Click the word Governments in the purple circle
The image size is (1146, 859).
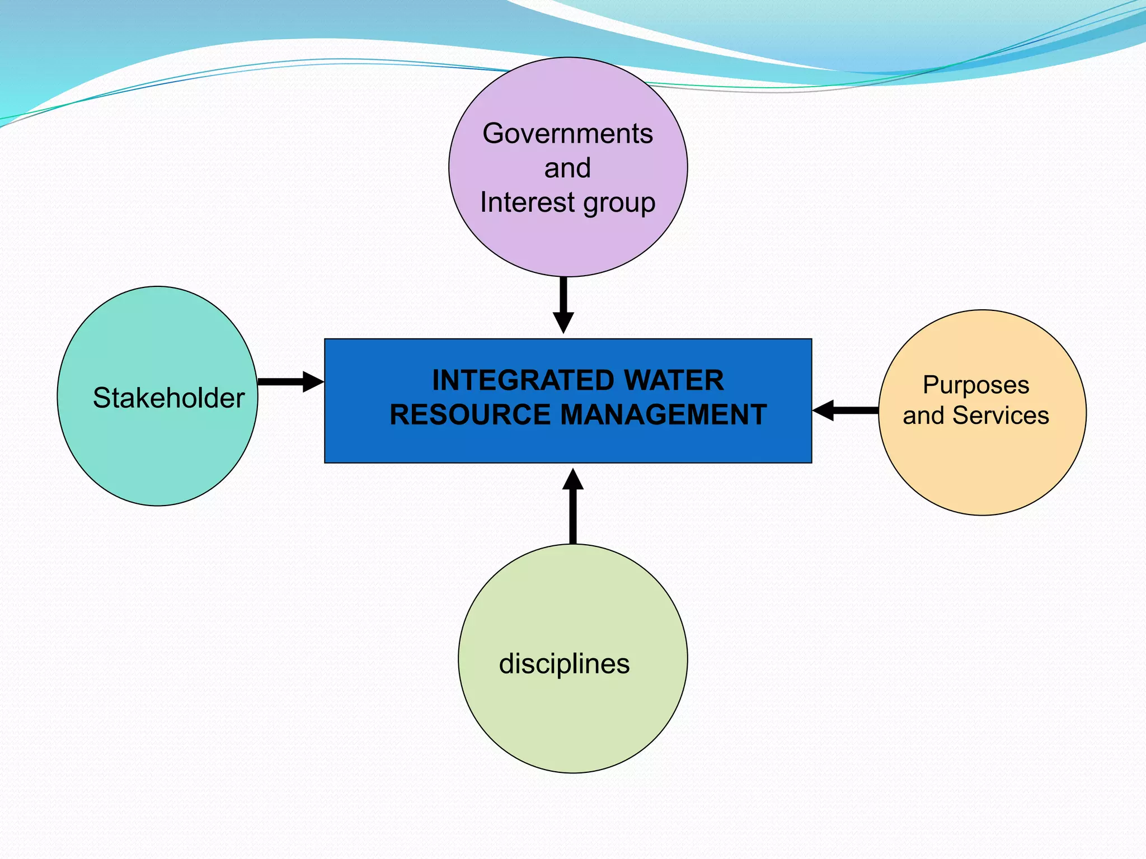[567, 134]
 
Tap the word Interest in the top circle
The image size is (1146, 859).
[527, 202]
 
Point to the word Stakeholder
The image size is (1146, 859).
[168, 398]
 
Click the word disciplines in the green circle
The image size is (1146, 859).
[564, 664]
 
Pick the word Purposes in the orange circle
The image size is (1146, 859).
[975, 386]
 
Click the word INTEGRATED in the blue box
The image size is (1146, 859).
[523, 381]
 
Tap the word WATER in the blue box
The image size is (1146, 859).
[674, 381]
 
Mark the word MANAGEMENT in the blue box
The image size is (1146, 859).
[663, 415]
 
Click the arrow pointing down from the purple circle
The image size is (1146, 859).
[563, 305]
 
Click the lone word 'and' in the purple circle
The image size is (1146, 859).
[567, 168]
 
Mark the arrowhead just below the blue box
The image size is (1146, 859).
[573, 480]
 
